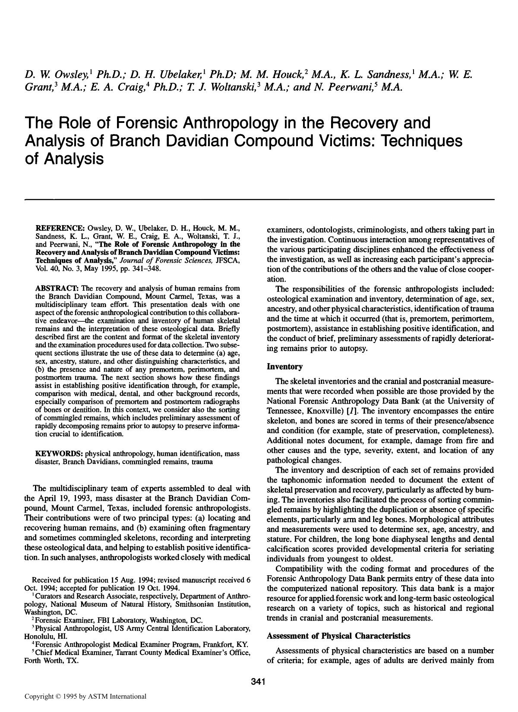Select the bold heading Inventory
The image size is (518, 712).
pyautogui.click(x=284, y=367)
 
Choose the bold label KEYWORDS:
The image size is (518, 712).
pyautogui.click(x=59, y=454)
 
